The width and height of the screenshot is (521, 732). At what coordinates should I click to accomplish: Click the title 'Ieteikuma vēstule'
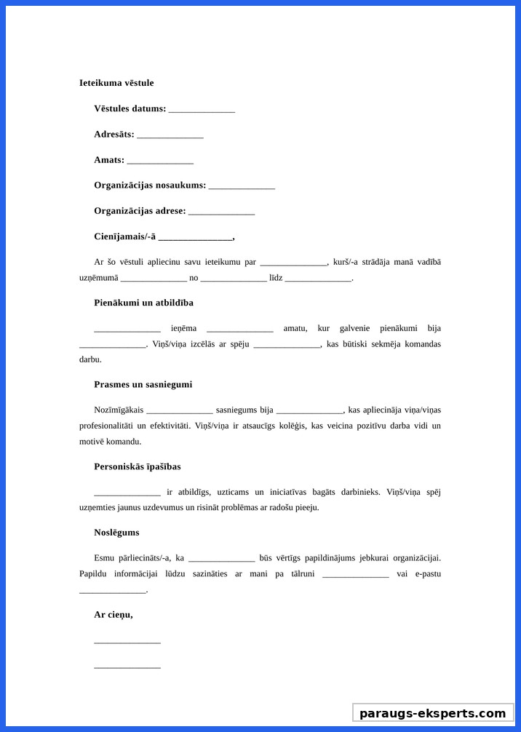coord(116,83)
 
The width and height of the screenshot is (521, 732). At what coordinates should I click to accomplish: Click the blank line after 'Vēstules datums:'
coord(202,110)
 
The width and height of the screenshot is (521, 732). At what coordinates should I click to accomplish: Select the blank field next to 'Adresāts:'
coord(170,135)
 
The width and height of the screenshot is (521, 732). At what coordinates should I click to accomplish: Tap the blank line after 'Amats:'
coord(160,161)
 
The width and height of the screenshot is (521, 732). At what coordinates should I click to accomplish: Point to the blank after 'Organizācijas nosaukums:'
coord(242,186)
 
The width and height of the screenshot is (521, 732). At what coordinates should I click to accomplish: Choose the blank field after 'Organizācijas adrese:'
coord(221,212)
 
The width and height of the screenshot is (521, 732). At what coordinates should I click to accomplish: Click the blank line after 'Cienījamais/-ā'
coord(195,238)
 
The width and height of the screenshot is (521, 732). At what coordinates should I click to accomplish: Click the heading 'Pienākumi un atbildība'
coord(143,303)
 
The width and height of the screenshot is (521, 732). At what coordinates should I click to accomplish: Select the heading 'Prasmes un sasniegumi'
coord(143,384)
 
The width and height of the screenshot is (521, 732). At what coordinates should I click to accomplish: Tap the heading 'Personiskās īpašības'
coord(138,466)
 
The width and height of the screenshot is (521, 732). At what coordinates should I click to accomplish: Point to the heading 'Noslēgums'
coord(116,533)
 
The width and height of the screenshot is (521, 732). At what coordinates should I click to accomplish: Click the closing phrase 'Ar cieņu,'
coord(114,615)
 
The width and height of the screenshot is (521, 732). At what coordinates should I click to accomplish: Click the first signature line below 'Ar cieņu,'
coord(127,642)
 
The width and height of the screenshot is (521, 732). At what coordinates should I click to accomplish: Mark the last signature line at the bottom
coord(127,667)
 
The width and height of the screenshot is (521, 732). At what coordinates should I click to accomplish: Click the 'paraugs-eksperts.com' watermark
coord(433,713)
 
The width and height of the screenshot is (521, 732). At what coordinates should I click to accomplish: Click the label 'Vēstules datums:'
coord(130,108)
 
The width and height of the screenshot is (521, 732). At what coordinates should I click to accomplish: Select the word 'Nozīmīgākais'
coord(118,410)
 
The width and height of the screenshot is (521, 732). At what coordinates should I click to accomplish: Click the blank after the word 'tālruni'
coord(355,575)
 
